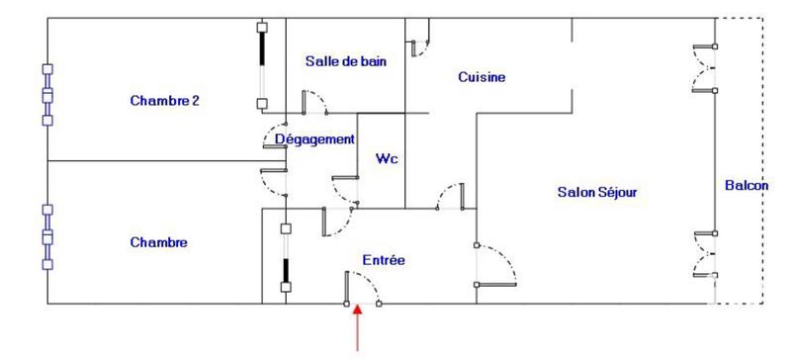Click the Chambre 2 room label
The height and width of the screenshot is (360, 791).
click(165, 100)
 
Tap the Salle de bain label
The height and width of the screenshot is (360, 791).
click(345, 61)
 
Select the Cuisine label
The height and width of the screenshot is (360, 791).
click(482, 77)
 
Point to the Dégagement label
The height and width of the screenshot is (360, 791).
click(313, 139)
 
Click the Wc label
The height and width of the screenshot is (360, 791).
click(386, 158)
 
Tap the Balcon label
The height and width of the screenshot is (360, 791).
click(746, 185)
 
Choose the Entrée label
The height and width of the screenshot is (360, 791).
click(383, 260)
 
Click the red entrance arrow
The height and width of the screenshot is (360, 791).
click(358, 327)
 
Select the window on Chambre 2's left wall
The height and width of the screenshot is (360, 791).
click(46, 95)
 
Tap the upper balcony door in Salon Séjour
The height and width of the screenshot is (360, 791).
click(705, 68)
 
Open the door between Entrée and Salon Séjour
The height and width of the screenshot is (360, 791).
click(497, 265)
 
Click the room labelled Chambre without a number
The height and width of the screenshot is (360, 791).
click(158, 242)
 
